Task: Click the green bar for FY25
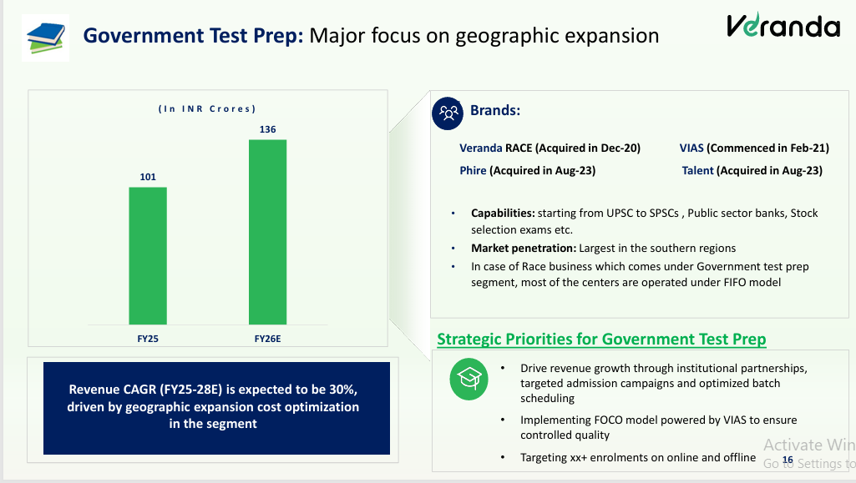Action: coord(148,255)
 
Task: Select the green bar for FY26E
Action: coord(267,232)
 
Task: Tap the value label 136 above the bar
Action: coord(267,129)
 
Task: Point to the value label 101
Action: coord(148,177)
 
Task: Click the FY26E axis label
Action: coord(267,339)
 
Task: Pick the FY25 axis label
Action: coord(148,339)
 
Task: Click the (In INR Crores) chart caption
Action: coord(207,109)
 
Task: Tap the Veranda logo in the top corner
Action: coord(783,26)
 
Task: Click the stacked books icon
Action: coord(46,38)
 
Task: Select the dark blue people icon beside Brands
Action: coord(448,113)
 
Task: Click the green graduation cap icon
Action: coord(469,379)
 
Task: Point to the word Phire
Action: coord(473,171)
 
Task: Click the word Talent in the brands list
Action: coord(697,171)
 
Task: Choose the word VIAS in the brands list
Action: coord(691,148)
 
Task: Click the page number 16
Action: coord(788,460)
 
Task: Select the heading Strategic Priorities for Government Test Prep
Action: coord(601,339)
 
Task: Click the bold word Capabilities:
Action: coord(503,214)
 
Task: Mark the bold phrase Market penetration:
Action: coord(524,248)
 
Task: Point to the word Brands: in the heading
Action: coord(495,110)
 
